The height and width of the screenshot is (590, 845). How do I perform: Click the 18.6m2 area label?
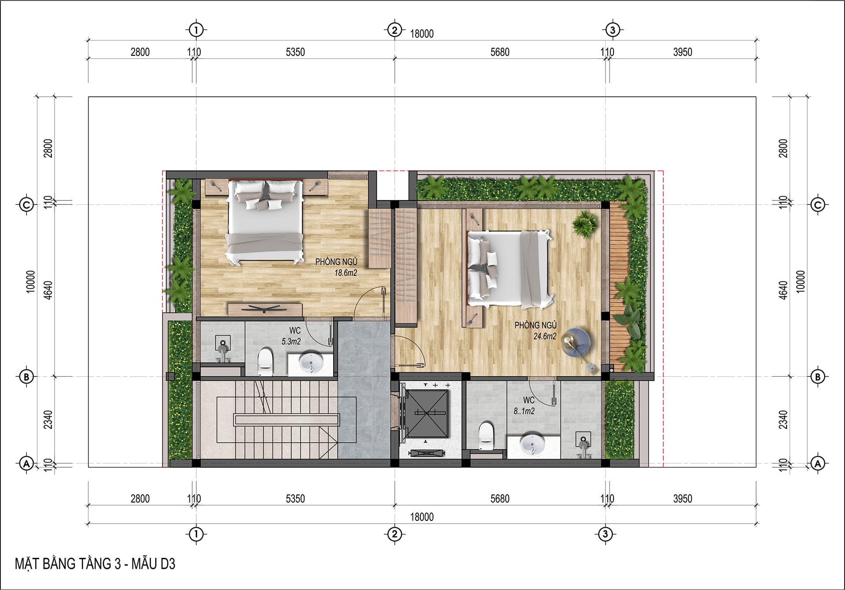pos(345,273)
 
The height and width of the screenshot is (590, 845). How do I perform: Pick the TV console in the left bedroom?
pos(265,309)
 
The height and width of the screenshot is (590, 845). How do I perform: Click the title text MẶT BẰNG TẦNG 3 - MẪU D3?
pos(95,564)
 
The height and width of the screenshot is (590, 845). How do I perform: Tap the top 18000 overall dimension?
pos(422,34)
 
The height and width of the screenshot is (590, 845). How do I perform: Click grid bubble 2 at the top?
pos(394,30)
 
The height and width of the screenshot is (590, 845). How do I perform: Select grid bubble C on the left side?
pos(26,205)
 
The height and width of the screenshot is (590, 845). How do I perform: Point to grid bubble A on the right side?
pos(818,463)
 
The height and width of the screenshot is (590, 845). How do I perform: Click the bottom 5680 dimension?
pos(500,499)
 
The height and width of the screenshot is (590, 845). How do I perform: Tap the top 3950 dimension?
pos(683,52)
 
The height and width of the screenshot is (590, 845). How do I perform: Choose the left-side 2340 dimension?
pos(48,420)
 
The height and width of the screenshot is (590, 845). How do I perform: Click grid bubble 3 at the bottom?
pos(606,535)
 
